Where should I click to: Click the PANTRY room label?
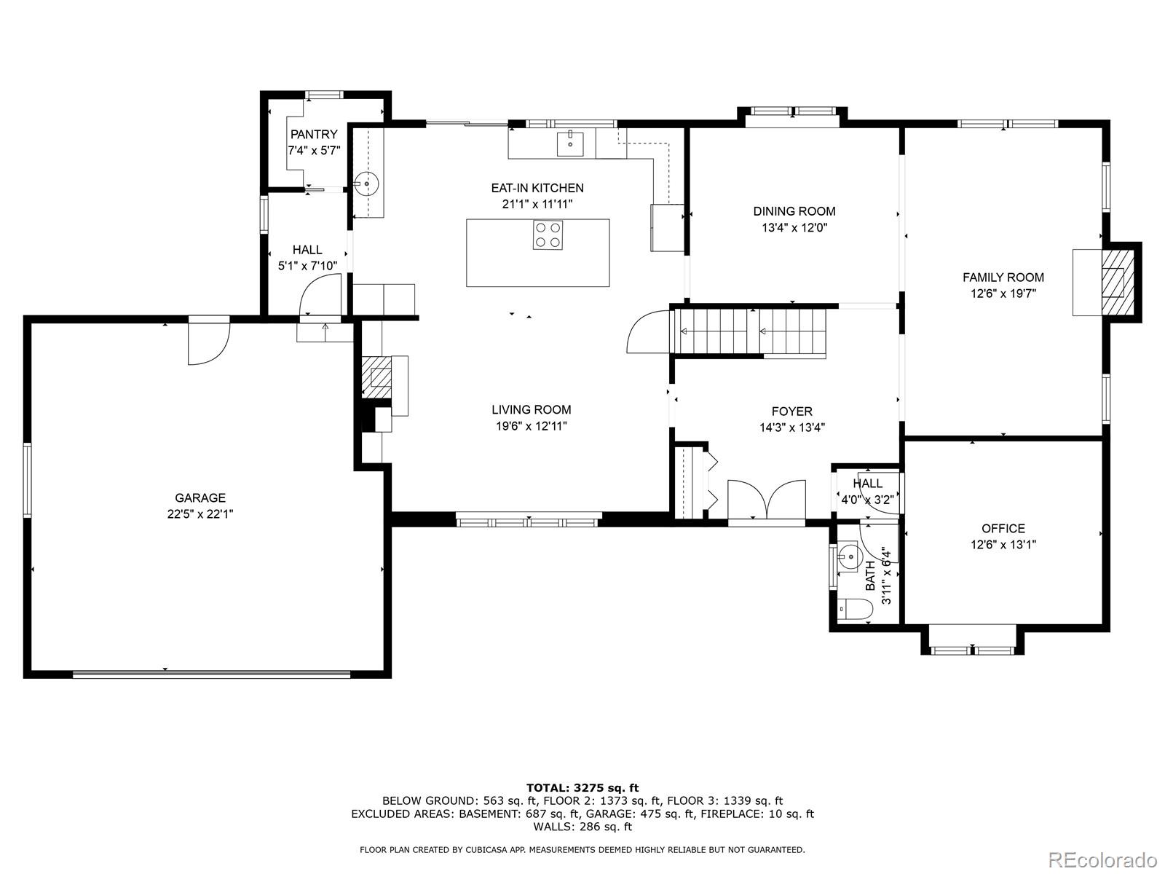click(x=314, y=135)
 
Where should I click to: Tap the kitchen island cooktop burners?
click(x=548, y=235)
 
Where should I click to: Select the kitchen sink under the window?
click(x=570, y=143)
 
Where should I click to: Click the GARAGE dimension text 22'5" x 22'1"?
click(x=200, y=514)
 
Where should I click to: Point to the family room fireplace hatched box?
click(x=1117, y=281)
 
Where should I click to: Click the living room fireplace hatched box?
click(x=377, y=376)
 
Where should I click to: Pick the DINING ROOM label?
click(x=794, y=211)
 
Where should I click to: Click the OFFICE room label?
click(x=1003, y=529)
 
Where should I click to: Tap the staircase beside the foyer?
click(x=750, y=332)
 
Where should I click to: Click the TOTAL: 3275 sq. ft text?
click(x=582, y=787)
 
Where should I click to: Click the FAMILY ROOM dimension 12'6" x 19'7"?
click(x=1003, y=294)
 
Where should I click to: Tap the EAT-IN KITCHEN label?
click(x=537, y=188)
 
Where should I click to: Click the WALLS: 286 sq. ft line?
click(x=582, y=827)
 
